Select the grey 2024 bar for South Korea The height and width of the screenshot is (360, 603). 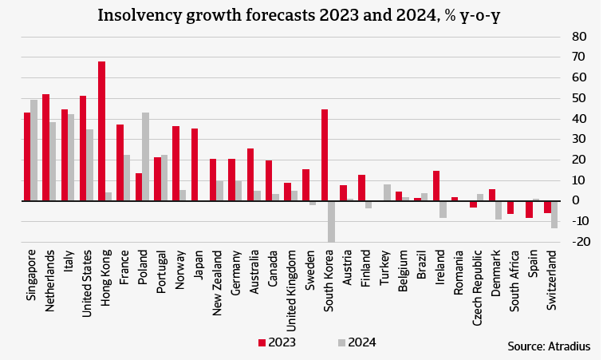coord(331,221)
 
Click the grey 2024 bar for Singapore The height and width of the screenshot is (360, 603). coord(34,150)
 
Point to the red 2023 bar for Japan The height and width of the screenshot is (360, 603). coord(195,164)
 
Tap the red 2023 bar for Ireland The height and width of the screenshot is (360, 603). coord(436,186)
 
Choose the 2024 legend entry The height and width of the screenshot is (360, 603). coord(356,342)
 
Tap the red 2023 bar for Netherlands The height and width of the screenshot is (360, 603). coord(45,148)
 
